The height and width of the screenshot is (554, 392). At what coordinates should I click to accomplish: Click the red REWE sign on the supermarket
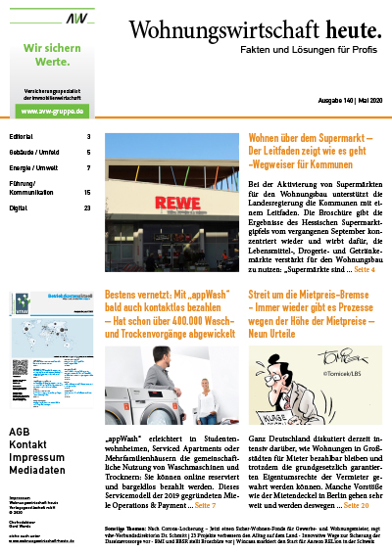164,204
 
